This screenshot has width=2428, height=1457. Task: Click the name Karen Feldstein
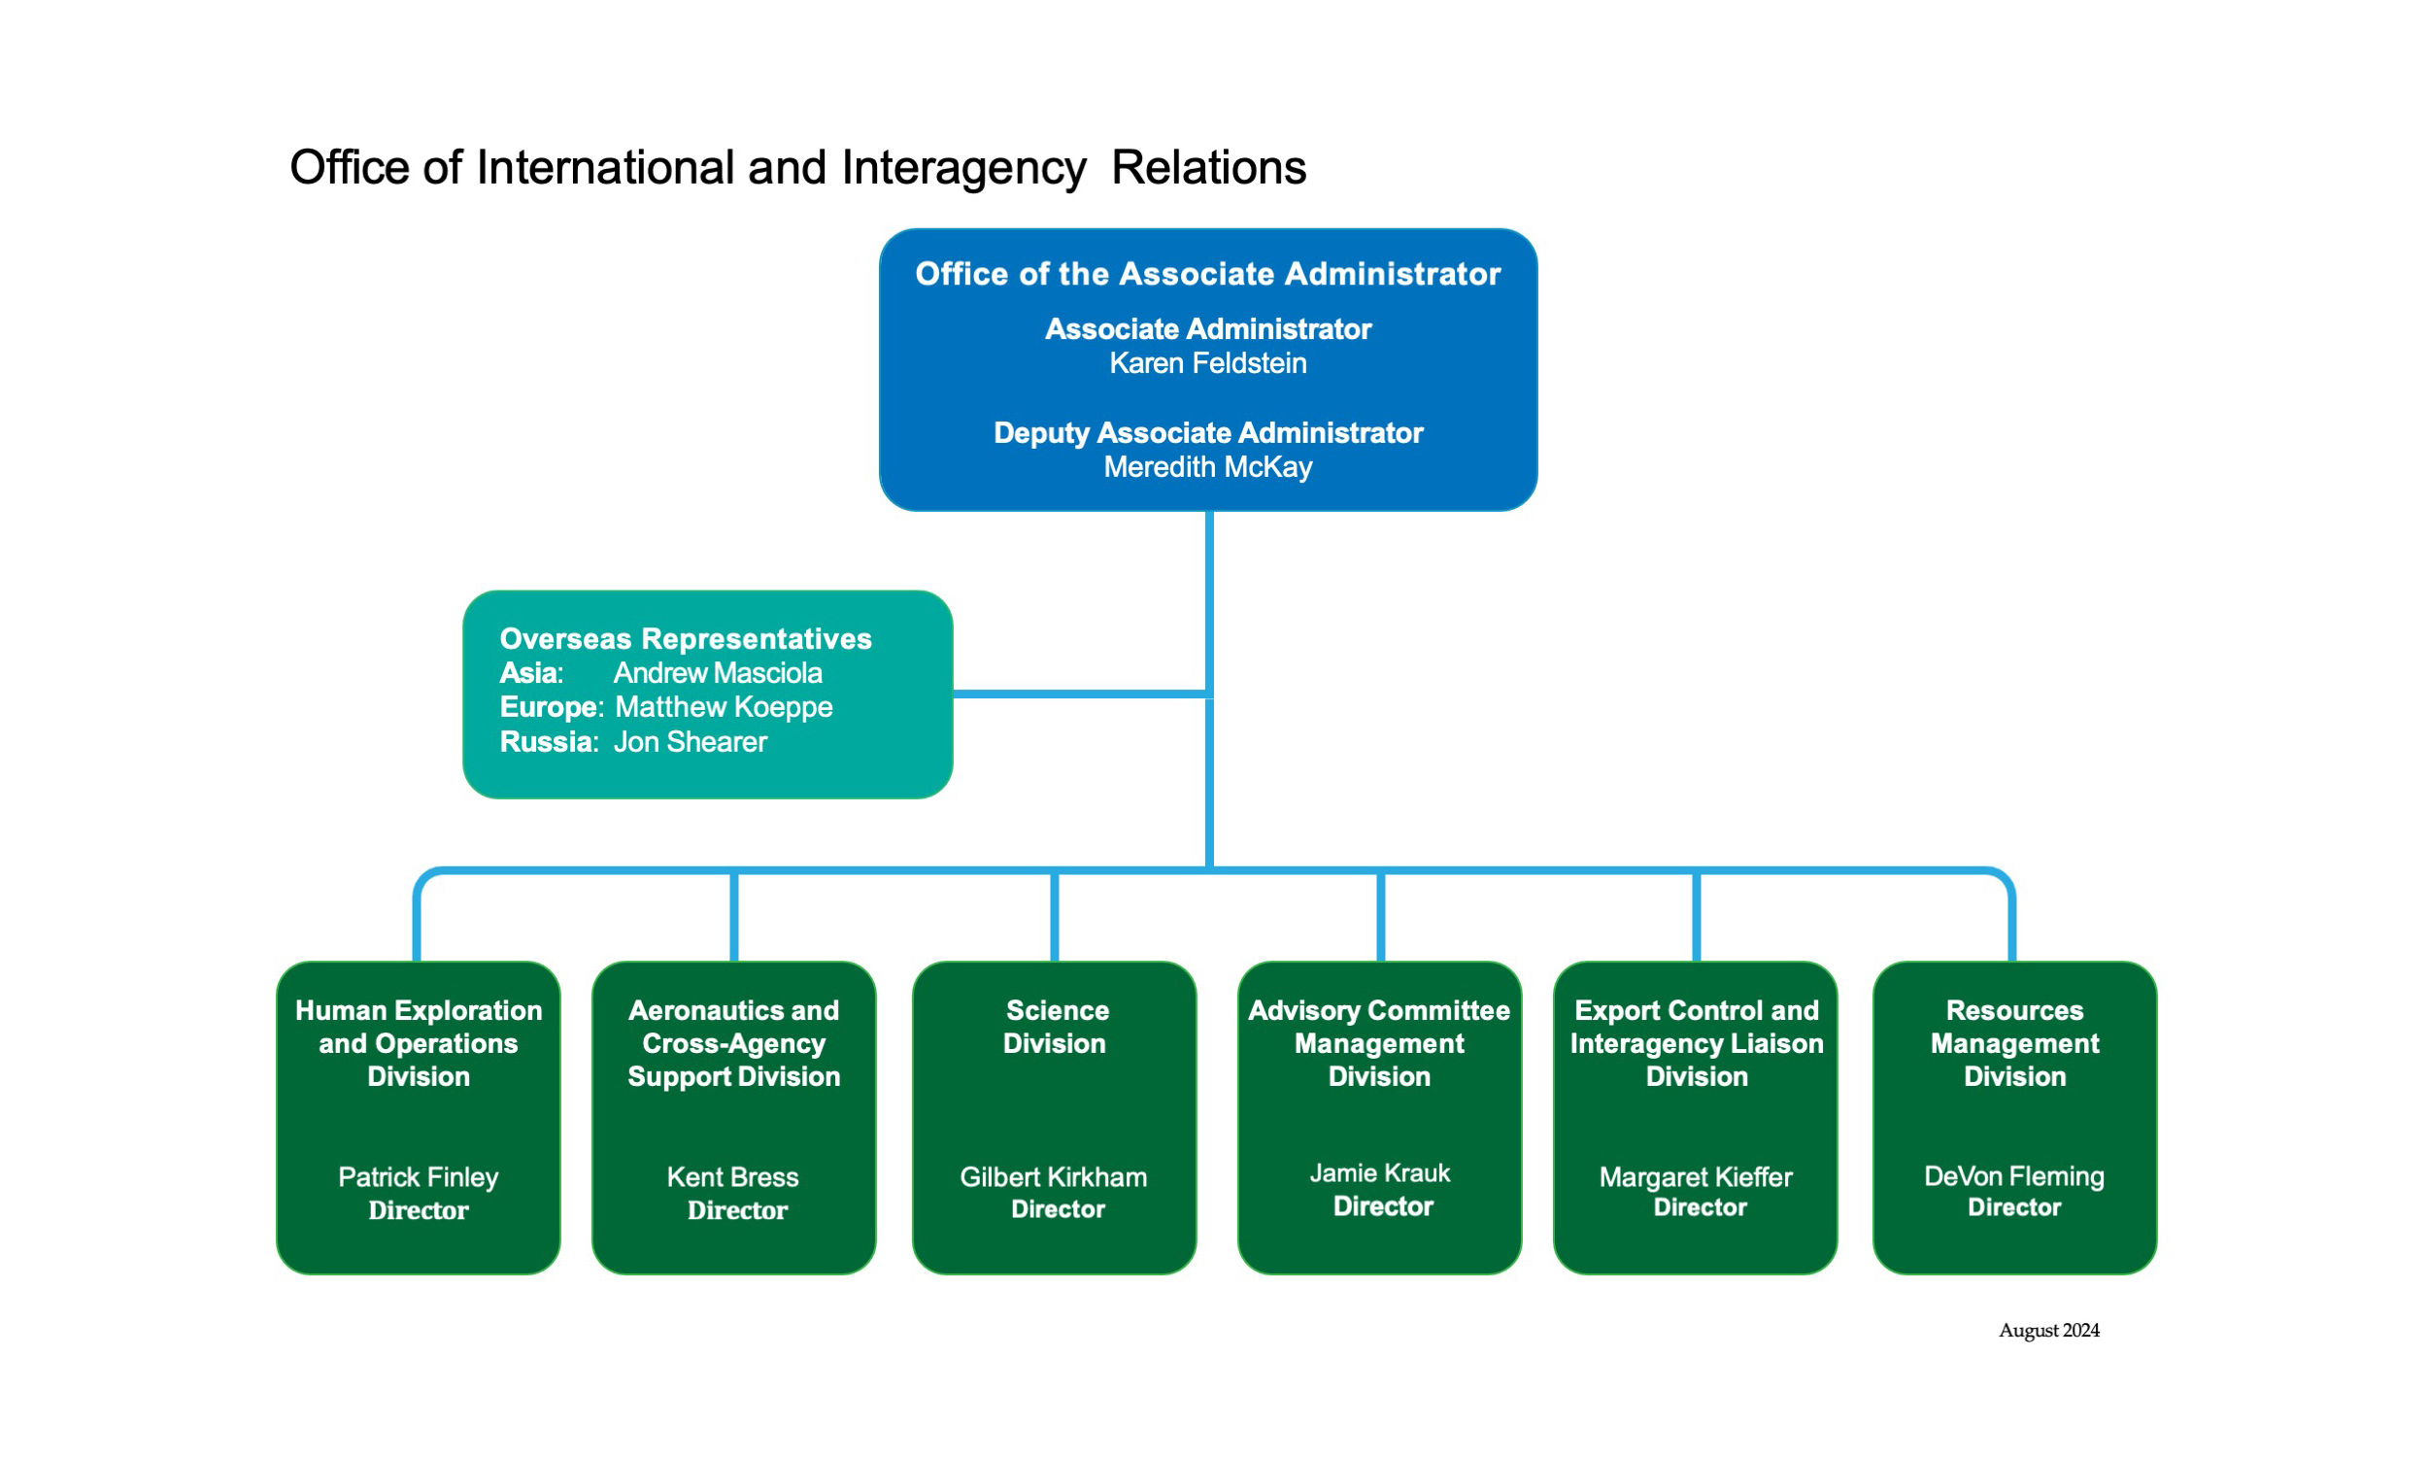1207,363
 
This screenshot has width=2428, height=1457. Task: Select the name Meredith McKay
1207,467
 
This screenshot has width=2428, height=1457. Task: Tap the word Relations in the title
1208,167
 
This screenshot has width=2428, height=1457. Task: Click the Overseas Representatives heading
685,639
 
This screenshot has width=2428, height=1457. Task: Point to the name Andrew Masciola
718,673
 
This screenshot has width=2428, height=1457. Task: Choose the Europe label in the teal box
549,708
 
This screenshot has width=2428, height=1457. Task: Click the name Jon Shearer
690,742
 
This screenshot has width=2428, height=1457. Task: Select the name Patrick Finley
418,1177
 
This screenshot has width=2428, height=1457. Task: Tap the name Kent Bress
732,1177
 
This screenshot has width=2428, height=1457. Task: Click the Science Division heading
1055,1027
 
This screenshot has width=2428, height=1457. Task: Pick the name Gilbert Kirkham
1053,1177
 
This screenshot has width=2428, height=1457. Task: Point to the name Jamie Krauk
1379,1173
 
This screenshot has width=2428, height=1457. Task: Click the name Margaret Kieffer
1695,1177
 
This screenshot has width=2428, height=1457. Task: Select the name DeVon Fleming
2014,1176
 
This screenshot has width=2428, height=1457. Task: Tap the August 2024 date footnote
2049,1331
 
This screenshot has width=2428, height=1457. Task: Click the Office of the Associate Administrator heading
1207,274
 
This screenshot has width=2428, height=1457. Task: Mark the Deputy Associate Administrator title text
1207,433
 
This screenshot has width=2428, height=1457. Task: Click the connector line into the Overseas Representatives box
1080,695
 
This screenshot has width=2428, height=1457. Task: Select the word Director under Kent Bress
737,1210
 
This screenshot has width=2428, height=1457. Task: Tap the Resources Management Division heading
2014,1043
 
